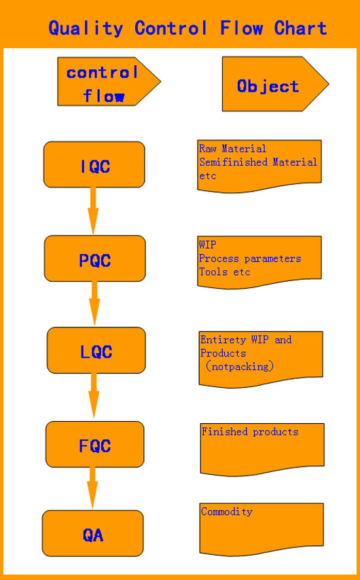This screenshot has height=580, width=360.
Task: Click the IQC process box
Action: pos(94,164)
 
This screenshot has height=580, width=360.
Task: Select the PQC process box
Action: pos(94,258)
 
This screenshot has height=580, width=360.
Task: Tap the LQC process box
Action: pos(96,350)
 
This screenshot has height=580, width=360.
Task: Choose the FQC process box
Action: pos(94,444)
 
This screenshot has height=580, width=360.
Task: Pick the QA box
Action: pos(92,533)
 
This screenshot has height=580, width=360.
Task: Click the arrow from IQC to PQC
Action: pos(93,211)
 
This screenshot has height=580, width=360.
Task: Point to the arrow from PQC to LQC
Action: pos(94,304)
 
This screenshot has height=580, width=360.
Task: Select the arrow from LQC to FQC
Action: pos(94,396)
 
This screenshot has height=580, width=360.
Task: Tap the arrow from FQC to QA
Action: pos(92,488)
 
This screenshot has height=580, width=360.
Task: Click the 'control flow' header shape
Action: pos(109,81)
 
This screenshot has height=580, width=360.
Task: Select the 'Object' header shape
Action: pos(275,84)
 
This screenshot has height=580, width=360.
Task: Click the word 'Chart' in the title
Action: pos(300,29)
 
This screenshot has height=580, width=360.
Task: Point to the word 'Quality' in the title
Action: pos(86,29)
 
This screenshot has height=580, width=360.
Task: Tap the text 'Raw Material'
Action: pos(233,149)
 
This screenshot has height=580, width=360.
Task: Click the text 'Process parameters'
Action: pos(250,259)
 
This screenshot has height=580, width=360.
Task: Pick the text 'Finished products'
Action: pos(250,432)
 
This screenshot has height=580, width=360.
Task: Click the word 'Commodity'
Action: pos(227,512)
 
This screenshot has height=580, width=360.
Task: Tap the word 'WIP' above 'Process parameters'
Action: pos(208,245)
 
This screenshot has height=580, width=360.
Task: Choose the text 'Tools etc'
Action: pos(225,272)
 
